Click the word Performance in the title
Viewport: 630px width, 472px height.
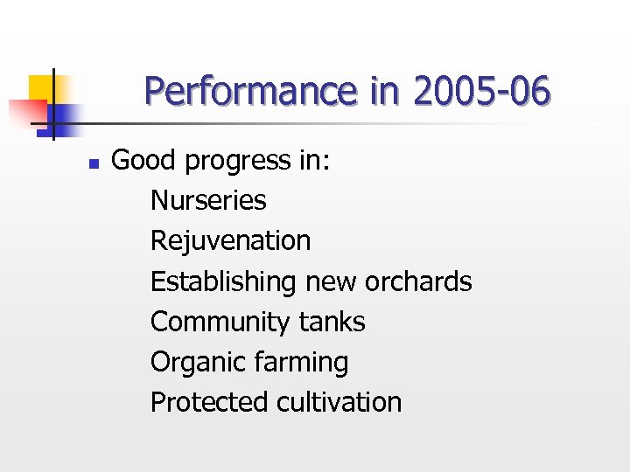249,92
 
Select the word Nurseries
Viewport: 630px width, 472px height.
208,200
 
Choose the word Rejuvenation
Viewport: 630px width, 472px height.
230,241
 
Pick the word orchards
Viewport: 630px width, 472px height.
418,281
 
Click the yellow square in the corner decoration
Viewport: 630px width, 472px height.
40,88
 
